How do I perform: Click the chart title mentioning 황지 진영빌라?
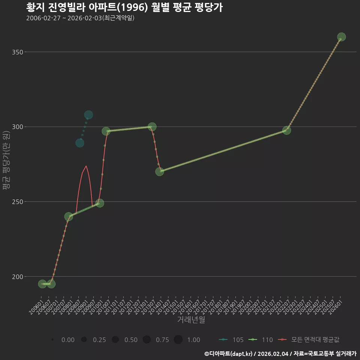(x=124, y=7)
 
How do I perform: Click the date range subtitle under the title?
(x=80, y=18)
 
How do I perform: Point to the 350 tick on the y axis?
(x=18, y=52)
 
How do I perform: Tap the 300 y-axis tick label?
(x=18, y=127)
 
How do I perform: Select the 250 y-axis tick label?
(x=18, y=202)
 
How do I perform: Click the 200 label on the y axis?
(x=18, y=277)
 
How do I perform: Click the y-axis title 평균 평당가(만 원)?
(x=6, y=160)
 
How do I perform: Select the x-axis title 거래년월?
(x=191, y=319)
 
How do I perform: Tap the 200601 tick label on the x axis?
(x=36, y=307)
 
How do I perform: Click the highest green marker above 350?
(x=341, y=37)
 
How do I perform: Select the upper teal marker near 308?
(x=88, y=115)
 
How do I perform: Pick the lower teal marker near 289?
(x=79, y=143)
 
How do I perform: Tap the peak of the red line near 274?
(x=86, y=166)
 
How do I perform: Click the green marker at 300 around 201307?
(x=152, y=126)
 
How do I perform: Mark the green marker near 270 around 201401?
(x=160, y=171)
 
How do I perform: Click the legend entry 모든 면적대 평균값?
(x=309, y=340)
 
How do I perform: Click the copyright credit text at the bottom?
(x=280, y=354)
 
